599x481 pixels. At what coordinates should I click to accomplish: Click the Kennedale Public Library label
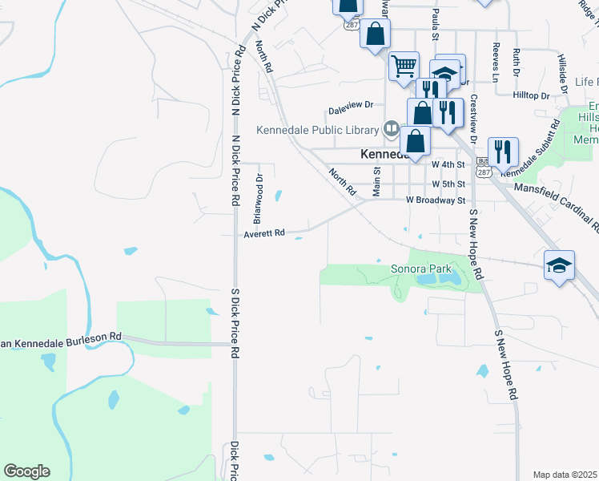318,131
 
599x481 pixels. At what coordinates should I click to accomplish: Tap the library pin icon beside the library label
391,127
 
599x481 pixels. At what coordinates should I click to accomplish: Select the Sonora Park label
421,269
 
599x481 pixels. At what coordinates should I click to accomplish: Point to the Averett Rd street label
264,233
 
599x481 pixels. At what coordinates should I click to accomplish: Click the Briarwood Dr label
258,198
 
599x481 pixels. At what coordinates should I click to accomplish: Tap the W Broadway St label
436,200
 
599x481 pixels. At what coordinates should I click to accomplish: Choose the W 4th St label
448,164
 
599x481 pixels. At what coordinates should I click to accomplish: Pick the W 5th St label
448,183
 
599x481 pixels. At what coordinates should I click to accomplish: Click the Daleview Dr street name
352,105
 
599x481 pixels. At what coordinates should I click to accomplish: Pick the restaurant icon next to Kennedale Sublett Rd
502,149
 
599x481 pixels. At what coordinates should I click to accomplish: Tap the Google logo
26,471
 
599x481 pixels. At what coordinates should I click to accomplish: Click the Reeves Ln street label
496,63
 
